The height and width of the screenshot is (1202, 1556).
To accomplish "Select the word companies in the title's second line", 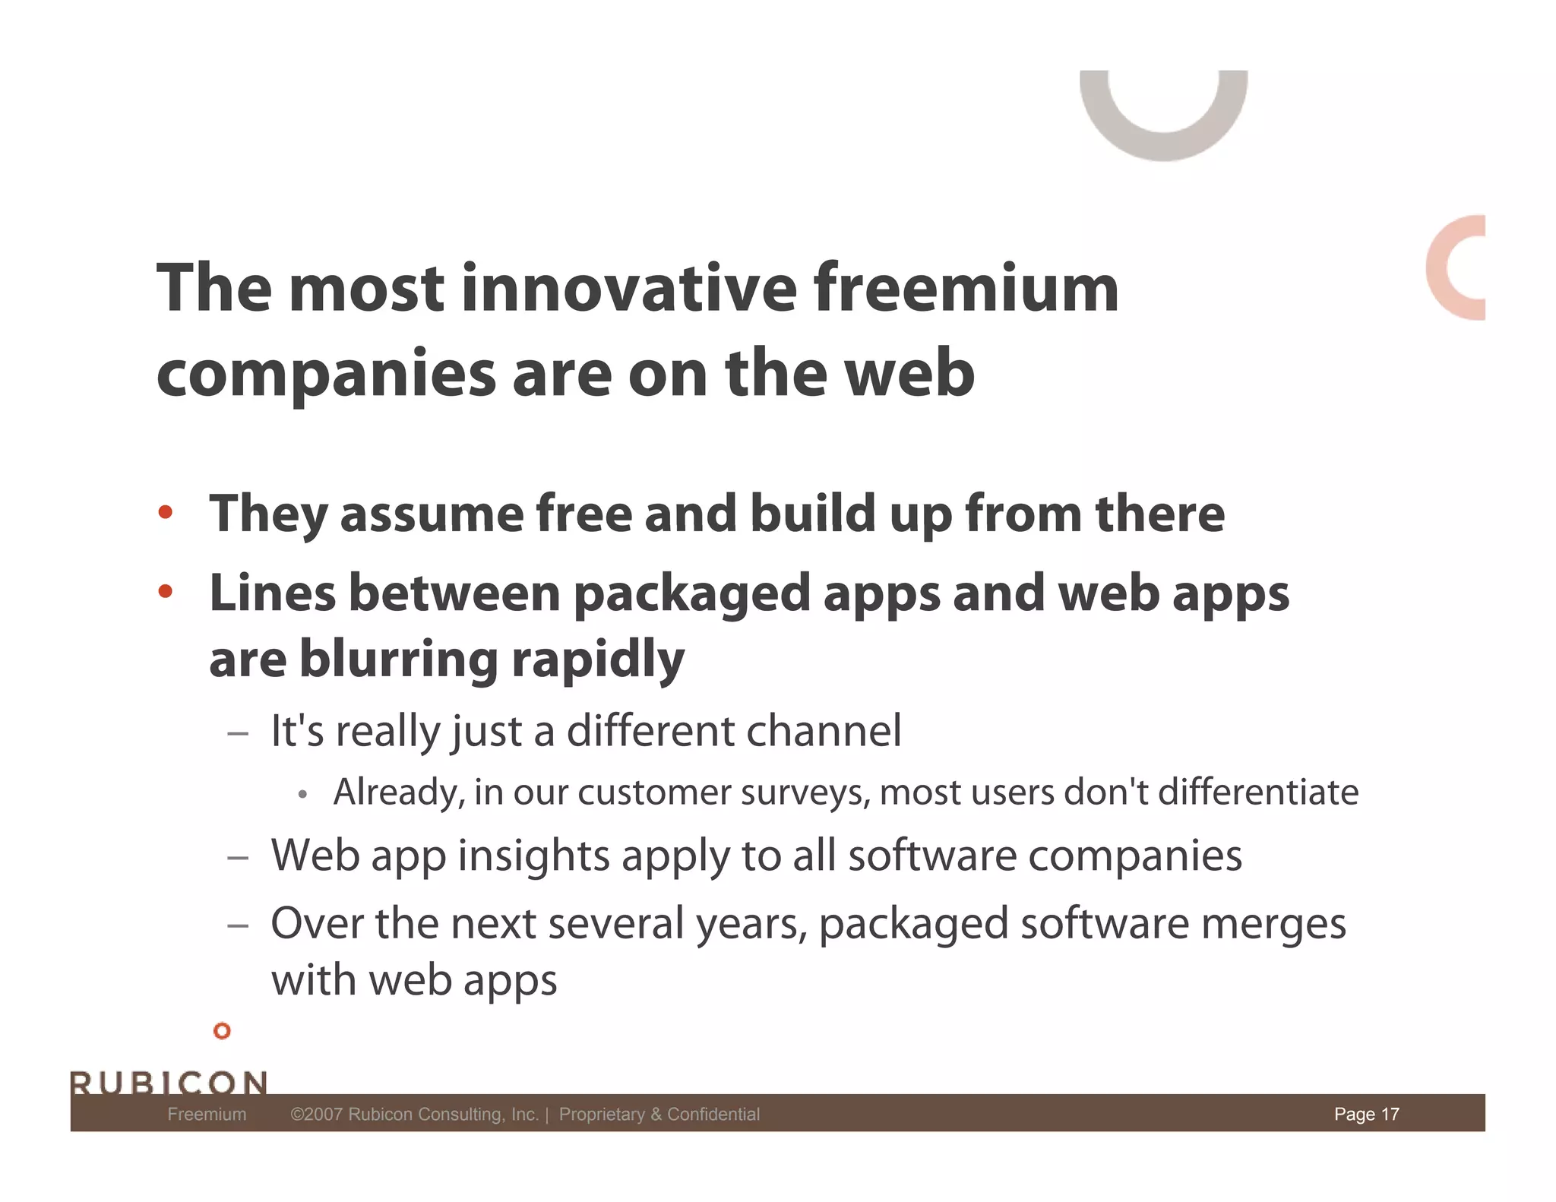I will [326, 375].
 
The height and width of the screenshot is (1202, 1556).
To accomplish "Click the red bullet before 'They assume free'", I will [165, 512].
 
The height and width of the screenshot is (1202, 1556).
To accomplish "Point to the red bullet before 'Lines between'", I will [165, 590].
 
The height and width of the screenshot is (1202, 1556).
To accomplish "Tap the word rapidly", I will [598, 660].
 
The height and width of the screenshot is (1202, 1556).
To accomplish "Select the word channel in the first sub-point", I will [824, 731].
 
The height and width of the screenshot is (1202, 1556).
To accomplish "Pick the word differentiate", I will [1257, 792].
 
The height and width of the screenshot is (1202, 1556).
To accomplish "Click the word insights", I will [533, 856].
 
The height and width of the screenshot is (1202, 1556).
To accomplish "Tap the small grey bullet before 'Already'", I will [302, 795].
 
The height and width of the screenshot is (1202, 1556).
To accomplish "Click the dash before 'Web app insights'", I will [238, 858].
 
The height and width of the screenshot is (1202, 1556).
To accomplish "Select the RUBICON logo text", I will [169, 1082].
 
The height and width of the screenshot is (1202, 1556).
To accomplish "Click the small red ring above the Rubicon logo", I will [222, 1031].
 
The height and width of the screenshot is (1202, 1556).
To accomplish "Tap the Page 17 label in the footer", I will [1366, 1114].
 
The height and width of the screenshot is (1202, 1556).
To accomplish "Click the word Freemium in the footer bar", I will [207, 1114].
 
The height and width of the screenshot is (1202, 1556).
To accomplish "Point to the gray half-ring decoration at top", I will [1163, 129].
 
